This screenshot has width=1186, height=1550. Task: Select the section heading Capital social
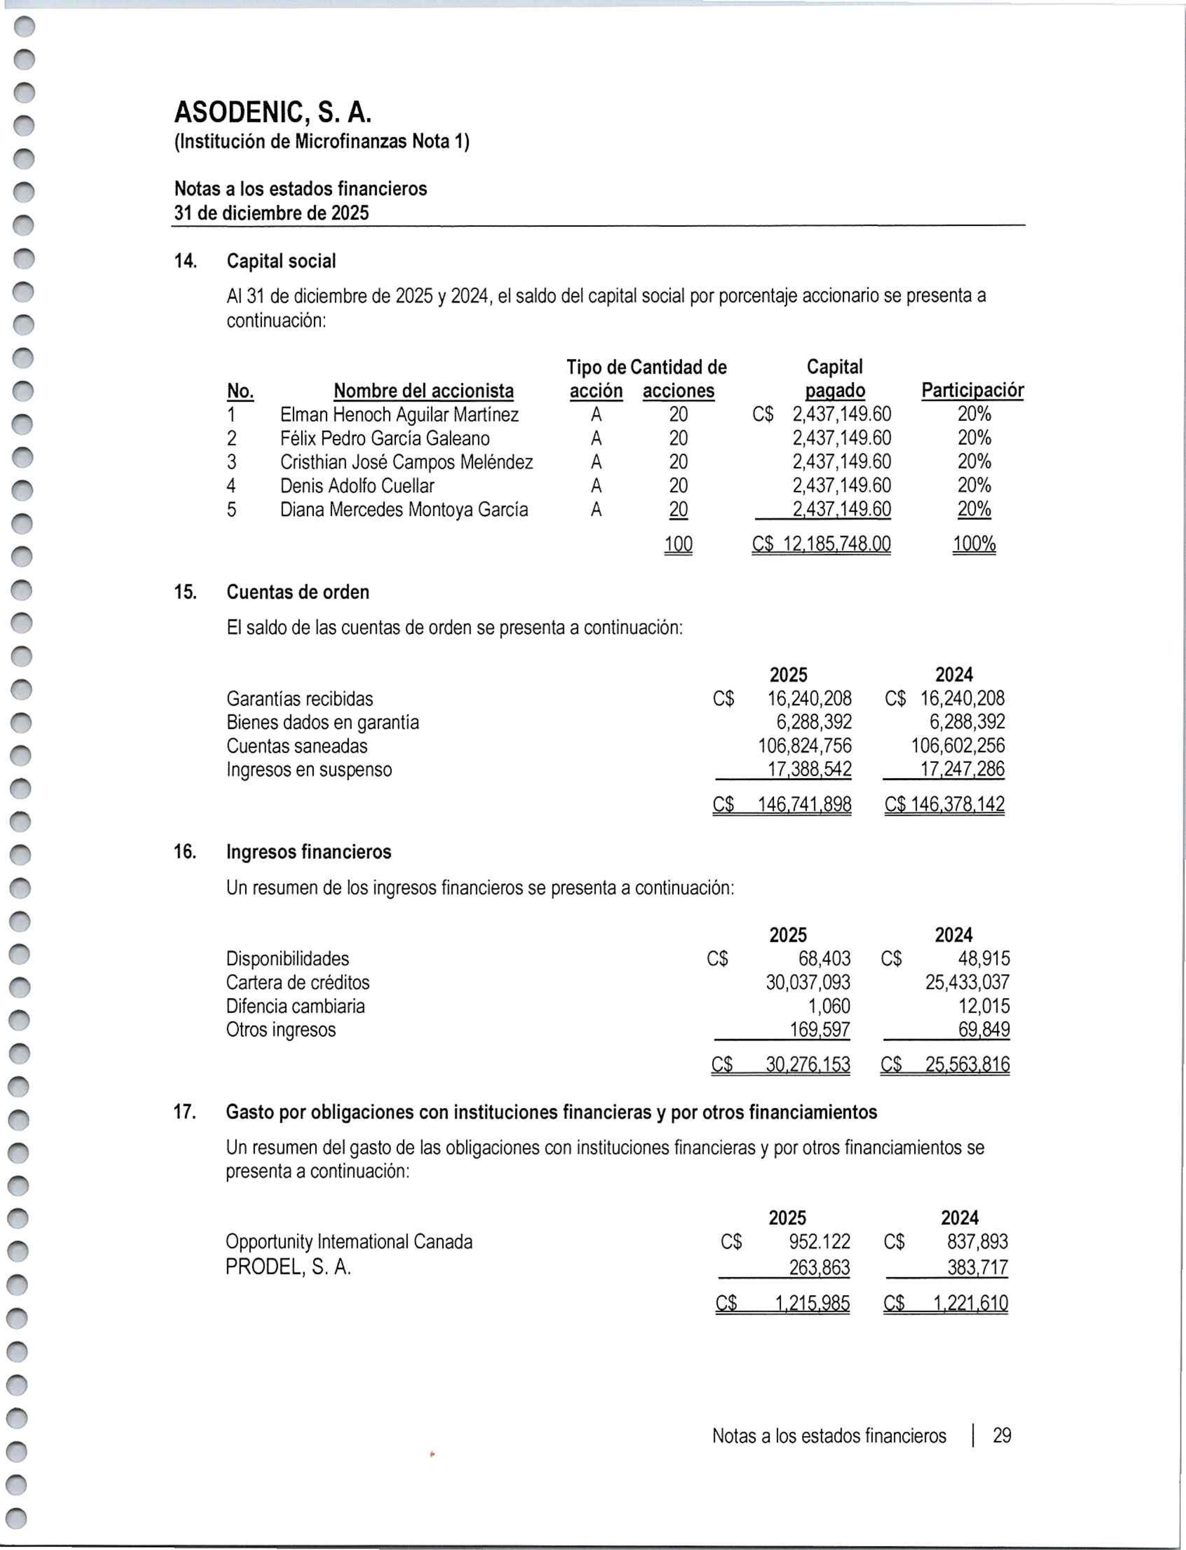281,261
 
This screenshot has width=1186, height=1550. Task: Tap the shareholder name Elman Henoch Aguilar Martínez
399,414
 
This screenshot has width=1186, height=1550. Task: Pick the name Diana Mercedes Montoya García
404,510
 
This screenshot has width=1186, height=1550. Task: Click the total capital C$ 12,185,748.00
821,544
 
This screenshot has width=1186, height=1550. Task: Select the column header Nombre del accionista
423,391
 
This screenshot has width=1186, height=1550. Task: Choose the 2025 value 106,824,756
805,746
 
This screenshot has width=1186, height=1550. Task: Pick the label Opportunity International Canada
349,1242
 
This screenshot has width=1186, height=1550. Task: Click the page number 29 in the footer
1002,1436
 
